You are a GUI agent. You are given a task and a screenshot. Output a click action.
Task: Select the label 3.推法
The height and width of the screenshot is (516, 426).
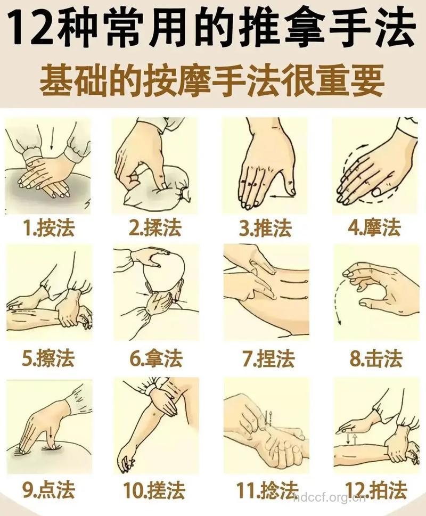click(x=265, y=228)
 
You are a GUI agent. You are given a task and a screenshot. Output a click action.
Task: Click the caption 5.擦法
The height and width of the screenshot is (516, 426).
click(x=48, y=358)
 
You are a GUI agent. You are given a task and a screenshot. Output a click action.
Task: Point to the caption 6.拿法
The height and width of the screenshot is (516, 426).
click(x=156, y=358)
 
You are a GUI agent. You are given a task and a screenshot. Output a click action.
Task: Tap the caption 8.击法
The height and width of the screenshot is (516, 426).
click(x=375, y=358)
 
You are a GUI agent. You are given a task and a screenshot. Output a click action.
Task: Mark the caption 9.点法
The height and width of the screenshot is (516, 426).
click(x=49, y=489)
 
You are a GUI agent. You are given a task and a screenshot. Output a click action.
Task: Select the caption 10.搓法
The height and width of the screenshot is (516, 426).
click(x=155, y=489)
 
